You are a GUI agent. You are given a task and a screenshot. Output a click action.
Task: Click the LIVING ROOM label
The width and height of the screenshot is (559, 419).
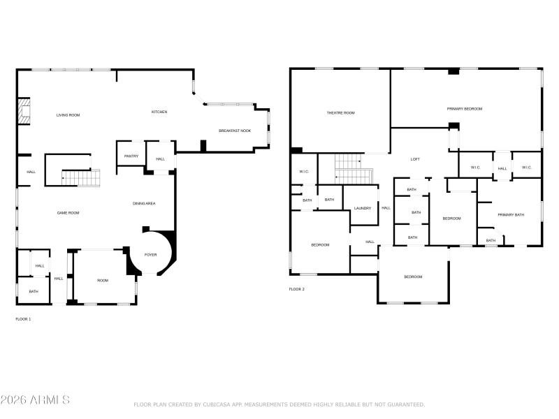click(68, 115)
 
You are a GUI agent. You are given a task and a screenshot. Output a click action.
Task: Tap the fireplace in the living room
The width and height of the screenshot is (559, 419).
click(24, 111)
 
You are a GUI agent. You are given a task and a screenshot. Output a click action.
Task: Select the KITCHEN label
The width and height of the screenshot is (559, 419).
click(159, 112)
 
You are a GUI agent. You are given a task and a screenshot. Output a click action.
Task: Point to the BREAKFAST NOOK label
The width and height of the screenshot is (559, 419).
click(235, 131)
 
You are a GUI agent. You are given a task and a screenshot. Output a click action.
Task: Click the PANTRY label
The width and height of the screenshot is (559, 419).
click(131, 156)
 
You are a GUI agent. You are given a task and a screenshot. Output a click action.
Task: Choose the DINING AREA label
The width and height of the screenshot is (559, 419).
click(144, 203)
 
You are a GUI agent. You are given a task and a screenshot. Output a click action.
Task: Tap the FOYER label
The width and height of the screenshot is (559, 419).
click(151, 255)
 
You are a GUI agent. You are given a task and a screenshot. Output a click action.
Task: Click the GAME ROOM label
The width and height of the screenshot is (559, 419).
click(68, 212)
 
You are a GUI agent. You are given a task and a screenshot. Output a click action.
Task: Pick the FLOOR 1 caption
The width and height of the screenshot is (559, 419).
click(23, 319)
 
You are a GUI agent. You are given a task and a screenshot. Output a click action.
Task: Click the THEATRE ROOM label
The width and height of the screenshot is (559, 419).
click(341, 112)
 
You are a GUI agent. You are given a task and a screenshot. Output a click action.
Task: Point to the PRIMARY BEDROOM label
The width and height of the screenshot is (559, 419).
click(465, 109)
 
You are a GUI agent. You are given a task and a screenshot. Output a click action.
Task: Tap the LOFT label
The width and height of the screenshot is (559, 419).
click(415, 159)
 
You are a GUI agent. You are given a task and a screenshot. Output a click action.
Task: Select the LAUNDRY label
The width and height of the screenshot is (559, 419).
click(363, 208)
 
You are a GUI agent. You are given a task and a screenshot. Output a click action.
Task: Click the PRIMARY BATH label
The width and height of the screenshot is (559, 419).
click(511, 214)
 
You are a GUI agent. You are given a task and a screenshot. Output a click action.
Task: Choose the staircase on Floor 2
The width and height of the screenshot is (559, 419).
click(353, 168)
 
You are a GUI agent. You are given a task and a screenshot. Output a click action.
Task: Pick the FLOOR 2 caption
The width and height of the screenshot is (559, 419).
click(297, 289)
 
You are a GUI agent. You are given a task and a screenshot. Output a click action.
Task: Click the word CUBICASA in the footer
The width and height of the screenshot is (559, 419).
click(214, 404)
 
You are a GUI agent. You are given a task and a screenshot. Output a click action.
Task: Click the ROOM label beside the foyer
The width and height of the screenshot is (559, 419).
click(103, 280)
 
